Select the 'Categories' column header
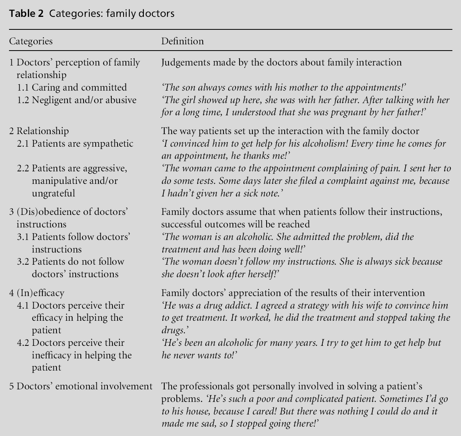click(31, 41)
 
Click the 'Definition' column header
click(182, 41)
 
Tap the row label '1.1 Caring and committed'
click(72, 87)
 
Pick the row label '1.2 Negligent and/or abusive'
click(76, 100)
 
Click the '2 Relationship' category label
click(39, 131)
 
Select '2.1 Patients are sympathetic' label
click(75, 144)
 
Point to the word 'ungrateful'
click(53, 193)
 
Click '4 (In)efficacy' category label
click(37, 293)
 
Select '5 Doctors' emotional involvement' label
click(81, 386)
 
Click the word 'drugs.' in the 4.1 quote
click(173, 330)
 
